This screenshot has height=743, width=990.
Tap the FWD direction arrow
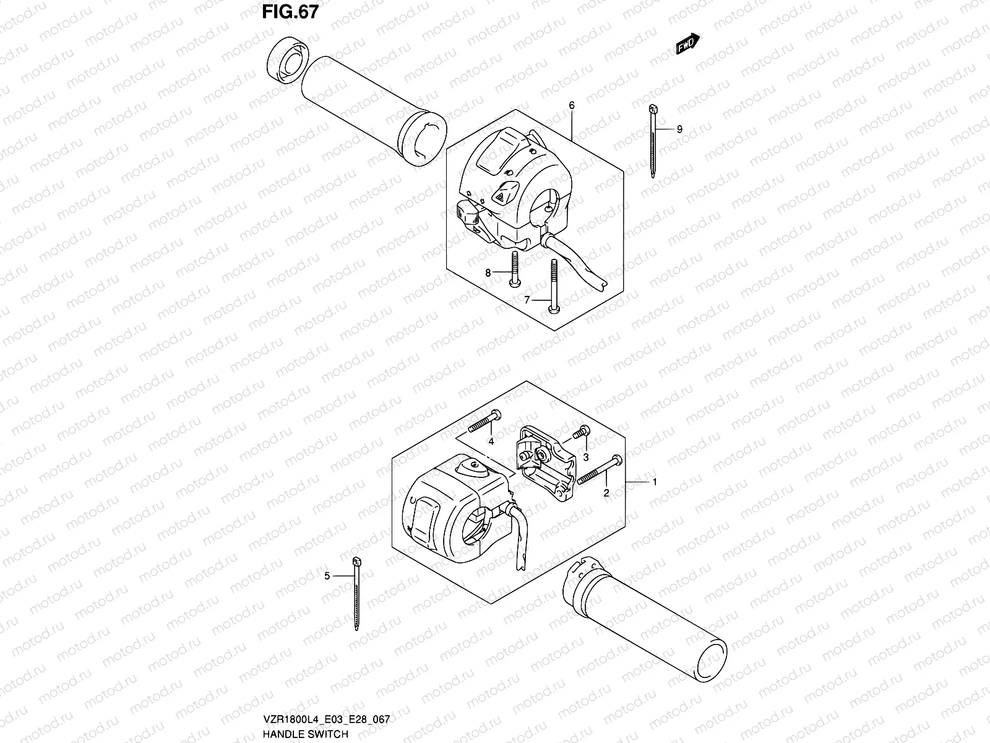click(x=687, y=45)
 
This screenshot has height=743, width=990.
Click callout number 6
click(x=572, y=106)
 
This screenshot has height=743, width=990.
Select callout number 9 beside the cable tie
click(x=679, y=129)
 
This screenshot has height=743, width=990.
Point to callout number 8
click(x=488, y=272)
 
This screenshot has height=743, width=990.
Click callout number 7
click(x=528, y=300)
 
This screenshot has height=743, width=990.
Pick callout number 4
click(x=491, y=441)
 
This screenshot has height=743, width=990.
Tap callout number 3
click(x=585, y=457)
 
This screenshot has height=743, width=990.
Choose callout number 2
click(x=606, y=493)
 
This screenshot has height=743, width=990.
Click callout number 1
click(x=655, y=481)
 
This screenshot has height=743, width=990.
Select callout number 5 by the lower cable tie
click(x=327, y=576)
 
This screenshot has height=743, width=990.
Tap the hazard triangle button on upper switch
click(x=499, y=196)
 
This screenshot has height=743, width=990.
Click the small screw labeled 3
click(x=580, y=433)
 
